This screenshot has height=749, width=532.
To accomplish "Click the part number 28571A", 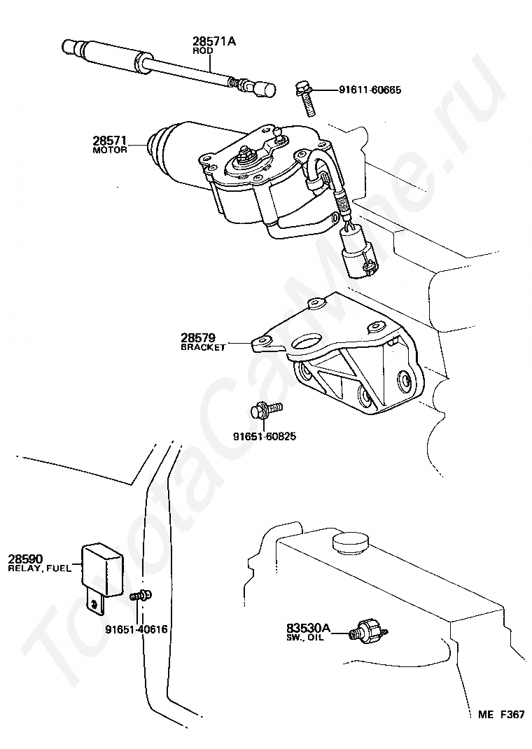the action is (x=214, y=41).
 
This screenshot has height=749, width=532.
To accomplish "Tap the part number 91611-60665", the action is (x=370, y=90).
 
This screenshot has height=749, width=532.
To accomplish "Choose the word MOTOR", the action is (x=110, y=150).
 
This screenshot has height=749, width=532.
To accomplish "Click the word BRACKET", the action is (x=204, y=347).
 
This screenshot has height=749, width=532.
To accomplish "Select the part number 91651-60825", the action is (x=265, y=436).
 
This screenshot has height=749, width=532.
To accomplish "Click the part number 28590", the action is (x=26, y=559).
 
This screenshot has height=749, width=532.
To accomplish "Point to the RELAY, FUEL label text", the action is (x=40, y=568).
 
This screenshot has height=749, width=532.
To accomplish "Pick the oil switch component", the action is (x=369, y=630).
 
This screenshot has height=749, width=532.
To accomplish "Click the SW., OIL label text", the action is (x=305, y=637).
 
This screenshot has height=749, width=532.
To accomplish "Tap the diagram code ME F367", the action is (x=501, y=714).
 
